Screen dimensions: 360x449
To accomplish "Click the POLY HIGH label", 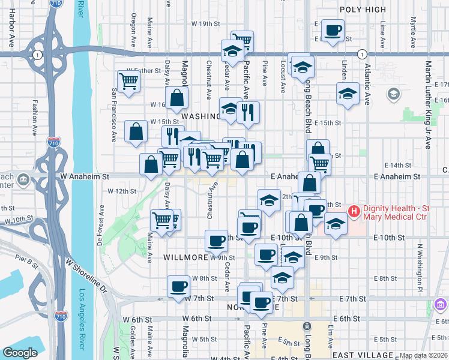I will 363,9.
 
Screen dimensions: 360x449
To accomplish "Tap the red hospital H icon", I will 354,211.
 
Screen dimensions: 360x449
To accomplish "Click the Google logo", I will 19,353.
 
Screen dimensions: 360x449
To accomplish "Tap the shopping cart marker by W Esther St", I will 128,81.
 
